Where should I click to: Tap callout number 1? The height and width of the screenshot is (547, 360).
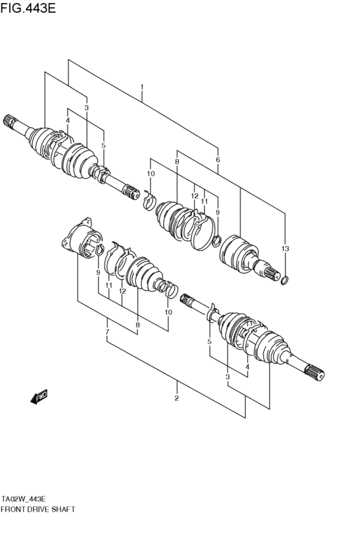(x=141, y=87)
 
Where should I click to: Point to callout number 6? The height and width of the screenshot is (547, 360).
(x=218, y=160)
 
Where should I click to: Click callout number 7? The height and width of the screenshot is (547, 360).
(x=107, y=332)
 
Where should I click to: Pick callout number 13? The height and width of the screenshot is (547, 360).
(x=285, y=249)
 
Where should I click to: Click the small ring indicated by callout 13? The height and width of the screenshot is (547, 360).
(x=285, y=279)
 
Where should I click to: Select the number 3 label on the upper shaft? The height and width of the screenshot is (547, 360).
(x=86, y=108)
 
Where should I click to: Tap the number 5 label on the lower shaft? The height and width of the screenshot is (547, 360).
(x=210, y=342)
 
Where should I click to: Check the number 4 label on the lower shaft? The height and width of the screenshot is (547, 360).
(x=247, y=367)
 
